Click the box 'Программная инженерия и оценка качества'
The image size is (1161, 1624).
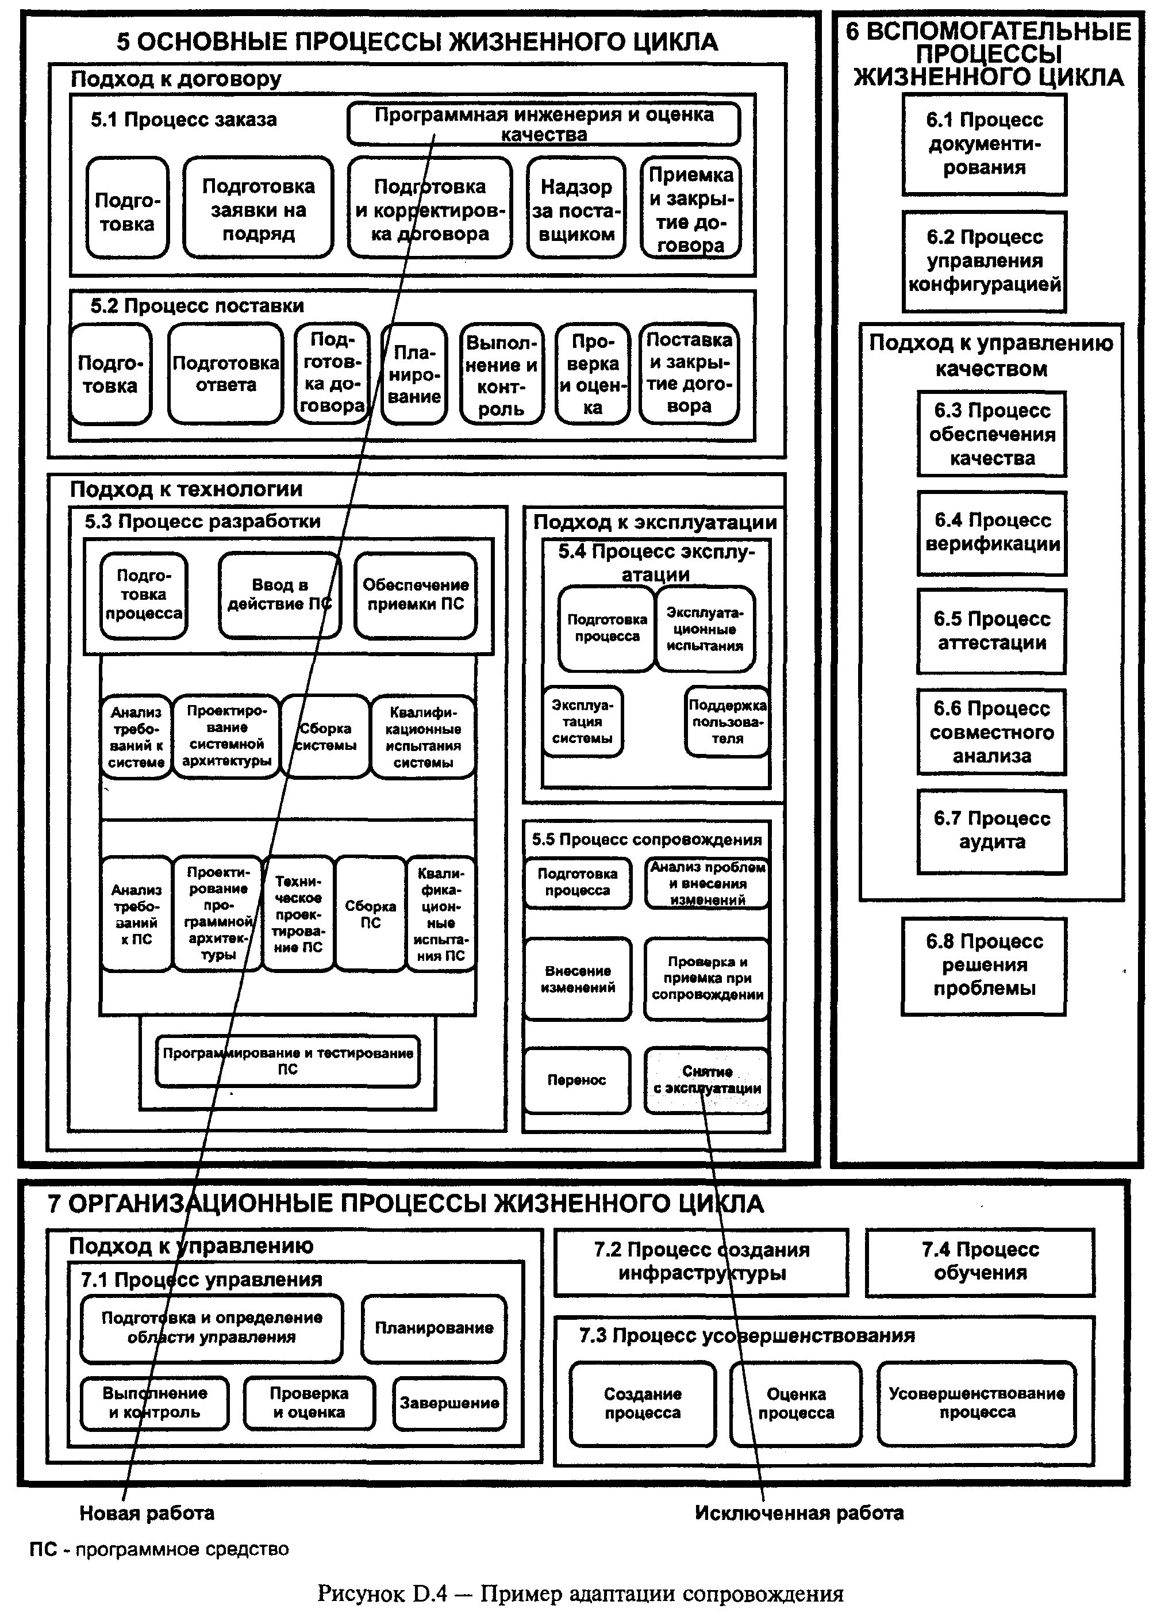(543, 124)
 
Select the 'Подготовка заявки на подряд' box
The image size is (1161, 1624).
(258, 208)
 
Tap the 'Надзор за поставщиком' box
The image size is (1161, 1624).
(576, 208)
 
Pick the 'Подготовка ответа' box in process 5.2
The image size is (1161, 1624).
(226, 373)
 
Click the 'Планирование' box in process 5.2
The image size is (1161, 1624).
(414, 373)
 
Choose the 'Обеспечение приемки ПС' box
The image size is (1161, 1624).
(416, 595)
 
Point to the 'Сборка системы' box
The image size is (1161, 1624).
(325, 737)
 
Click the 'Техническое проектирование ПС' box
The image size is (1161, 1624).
(298, 913)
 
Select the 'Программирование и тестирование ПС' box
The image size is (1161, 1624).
(287, 1061)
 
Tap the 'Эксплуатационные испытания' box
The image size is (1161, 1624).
(705, 629)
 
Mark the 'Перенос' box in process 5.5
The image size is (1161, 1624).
(577, 1080)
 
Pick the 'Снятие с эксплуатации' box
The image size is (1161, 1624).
(706, 1080)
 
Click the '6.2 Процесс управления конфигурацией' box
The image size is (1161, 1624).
(984, 261)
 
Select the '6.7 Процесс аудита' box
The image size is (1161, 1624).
(991, 831)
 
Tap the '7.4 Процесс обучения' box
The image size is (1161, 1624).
(980, 1262)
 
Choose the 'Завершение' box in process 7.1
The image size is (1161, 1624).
(449, 1403)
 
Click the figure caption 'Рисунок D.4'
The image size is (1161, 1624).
(382, 1594)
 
